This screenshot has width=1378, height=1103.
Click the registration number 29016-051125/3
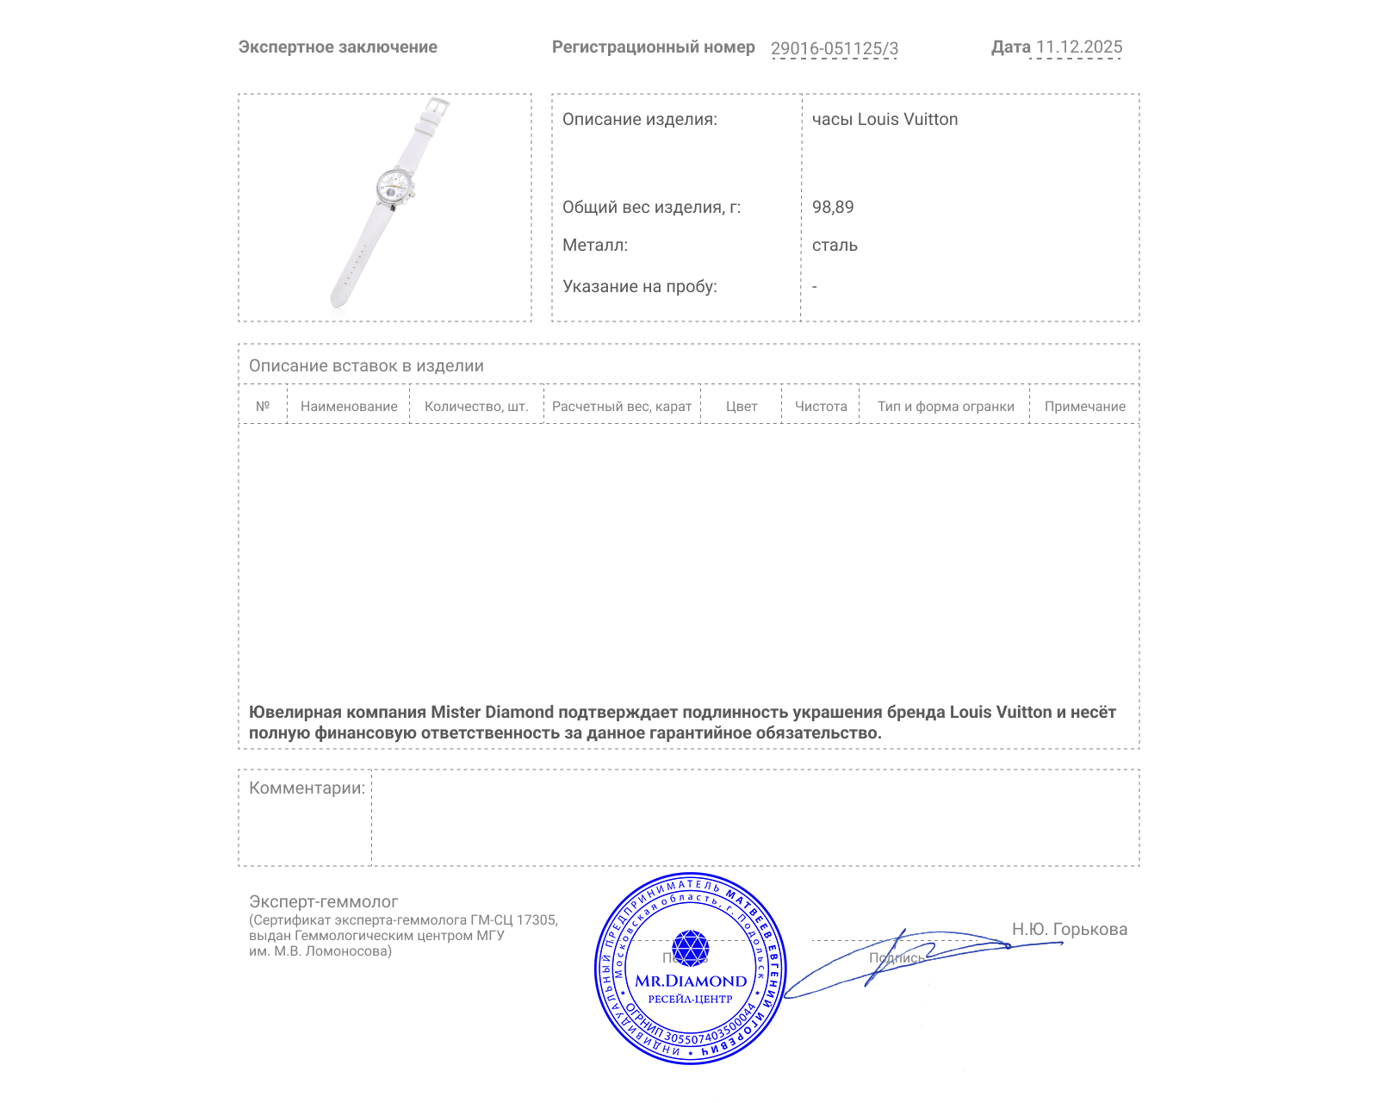coord(834,48)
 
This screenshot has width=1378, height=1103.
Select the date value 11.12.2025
coord(1078,47)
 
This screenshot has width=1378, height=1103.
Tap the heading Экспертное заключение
coord(338,47)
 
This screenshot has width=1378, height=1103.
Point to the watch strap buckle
coord(438,107)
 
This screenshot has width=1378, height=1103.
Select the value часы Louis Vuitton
coord(885,120)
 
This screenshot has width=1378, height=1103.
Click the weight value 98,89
coord(833,208)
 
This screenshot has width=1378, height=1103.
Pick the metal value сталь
coord(835,246)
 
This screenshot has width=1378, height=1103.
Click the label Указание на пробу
coord(639,287)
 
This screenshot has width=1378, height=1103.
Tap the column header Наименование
coord(349,407)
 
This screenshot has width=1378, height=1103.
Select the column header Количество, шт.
coord(476,407)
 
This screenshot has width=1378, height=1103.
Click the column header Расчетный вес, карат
coord(622,407)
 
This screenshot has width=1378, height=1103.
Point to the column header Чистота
coord(821,407)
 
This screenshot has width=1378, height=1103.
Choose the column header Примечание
coord(1084,407)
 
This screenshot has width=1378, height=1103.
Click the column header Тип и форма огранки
coord(946,407)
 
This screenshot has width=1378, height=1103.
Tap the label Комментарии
coord(307,788)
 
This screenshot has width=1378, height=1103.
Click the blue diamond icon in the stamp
coord(690,948)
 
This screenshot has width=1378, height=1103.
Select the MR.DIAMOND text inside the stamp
coord(691,981)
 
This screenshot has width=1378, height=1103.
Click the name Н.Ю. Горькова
coord(1069,930)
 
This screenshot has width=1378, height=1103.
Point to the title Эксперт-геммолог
coord(323,902)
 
